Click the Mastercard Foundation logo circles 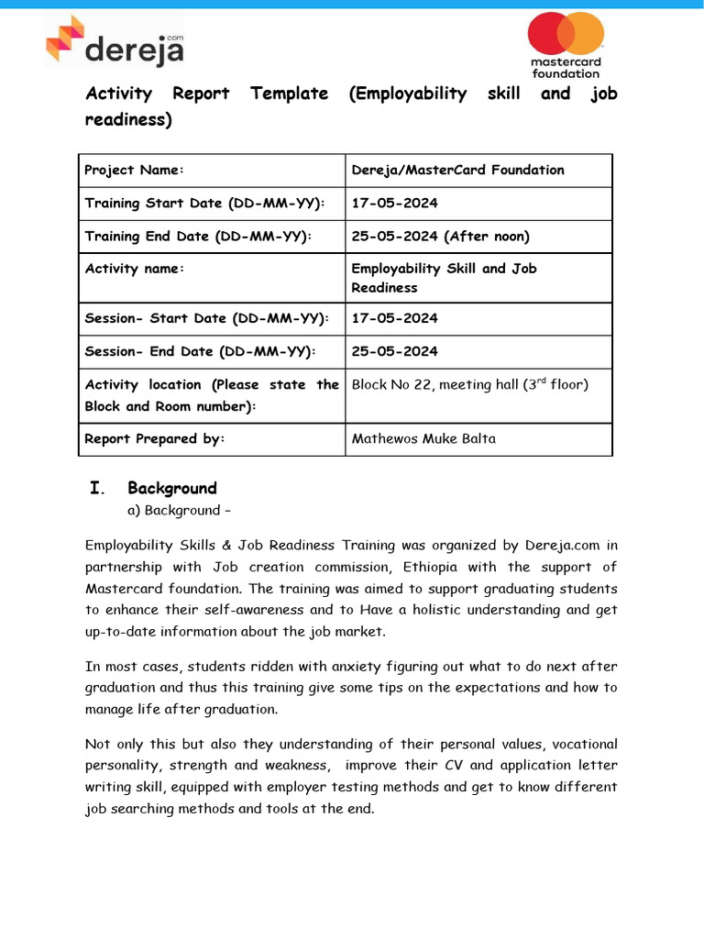[x=565, y=34]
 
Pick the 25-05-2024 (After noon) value [x=440, y=237]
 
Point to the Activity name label [x=135, y=269]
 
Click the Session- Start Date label [x=205, y=318]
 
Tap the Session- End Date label [x=200, y=351]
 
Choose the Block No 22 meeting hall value [x=469, y=385]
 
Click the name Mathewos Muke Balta [x=423, y=438]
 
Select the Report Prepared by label [x=154, y=438]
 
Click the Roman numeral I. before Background [x=95, y=488]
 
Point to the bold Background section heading [x=172, y=488]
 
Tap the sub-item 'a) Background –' [x=178, y=510]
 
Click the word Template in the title [x=289, y=94]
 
